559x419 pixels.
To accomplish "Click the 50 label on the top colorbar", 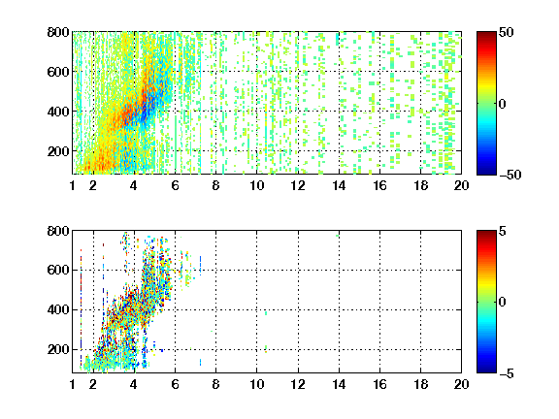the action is (x=507, y=32).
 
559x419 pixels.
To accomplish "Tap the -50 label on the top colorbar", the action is (x=510, y=175).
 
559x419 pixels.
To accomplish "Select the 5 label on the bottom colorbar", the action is (x=503, y=231).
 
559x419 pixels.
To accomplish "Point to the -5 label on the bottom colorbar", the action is (x=507, y=373).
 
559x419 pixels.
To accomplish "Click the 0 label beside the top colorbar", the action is (x=503, y=104).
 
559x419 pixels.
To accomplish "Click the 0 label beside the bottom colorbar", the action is (x=503, y=303).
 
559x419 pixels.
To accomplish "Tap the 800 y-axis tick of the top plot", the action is (x=58, y=32).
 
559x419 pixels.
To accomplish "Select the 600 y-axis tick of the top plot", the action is (x=58, y=72).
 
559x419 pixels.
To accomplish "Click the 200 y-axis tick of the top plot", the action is (x=58, y=151).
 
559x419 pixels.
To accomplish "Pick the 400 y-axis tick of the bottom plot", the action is (x=58, y=309).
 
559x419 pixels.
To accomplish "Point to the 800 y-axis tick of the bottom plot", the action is (x=58, y=231).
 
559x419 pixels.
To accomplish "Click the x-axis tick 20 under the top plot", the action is (x=461, y=185).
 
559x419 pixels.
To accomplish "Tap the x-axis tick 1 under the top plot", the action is (x=73, y=185).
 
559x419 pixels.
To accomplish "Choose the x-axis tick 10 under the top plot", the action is (x=256, y=185).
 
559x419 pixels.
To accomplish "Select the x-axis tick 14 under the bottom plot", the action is (x=339, y=384).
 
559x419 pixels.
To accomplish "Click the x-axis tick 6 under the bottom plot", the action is (x=175, y=384).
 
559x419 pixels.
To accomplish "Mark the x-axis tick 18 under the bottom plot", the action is (x=420, y=384).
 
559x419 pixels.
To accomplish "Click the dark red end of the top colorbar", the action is (x=486, y=34).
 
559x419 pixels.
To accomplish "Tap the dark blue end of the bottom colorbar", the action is (x=486, y=371).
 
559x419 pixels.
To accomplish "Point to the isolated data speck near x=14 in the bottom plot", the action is (x=338, y=236).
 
